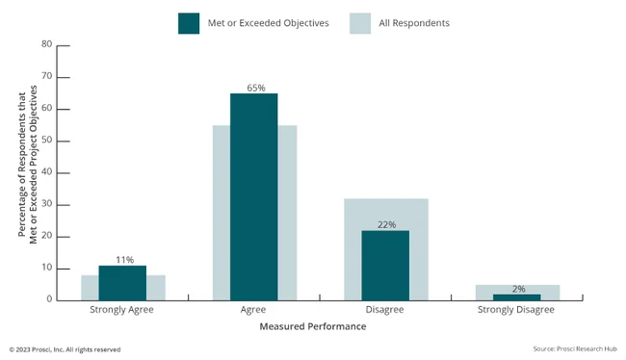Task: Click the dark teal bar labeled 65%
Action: [x=254, y=196]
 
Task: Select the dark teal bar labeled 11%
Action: [x=122, y=283]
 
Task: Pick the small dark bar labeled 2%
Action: [x=517, y=297]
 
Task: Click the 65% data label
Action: [x=255, y=88]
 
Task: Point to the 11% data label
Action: [x=123, y=260]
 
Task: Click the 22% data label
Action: [x=386, y=225]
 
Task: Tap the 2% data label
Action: [x=518, y=289]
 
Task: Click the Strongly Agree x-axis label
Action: [x=122, y=311]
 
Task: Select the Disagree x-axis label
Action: [x=385, y=311]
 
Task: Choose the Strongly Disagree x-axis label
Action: [x=517, y=311]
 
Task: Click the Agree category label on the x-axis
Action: [x=254, y=311]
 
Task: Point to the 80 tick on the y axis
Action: [x=45, y=44]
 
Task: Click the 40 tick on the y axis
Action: [x=45, y=172]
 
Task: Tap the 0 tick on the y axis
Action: [x=48, y=299]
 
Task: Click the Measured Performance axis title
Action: [x=312, y=327]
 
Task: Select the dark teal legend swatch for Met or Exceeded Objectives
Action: [x=189, y=22]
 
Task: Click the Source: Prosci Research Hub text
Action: [x=573, y=348]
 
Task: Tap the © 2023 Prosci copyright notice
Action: [x=65, y=349]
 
